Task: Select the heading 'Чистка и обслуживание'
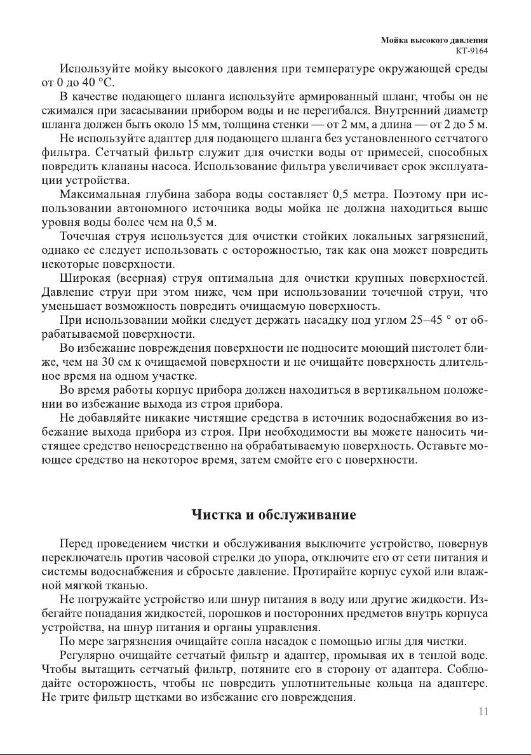tap(274, 514)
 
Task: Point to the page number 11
tap(483, 711)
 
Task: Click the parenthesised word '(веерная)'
tap(144, 278)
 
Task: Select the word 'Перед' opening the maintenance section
tap(75, 544)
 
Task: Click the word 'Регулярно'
tap(89, 655)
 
